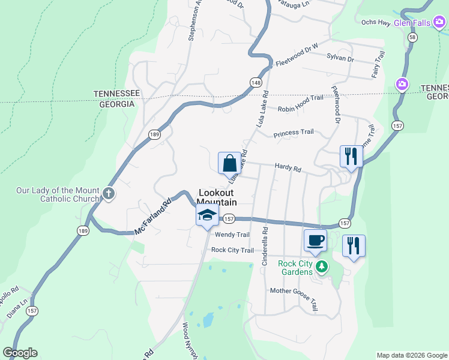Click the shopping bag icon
pos(229,163)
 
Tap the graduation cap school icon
pos(206,215)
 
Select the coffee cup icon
pos(316,241)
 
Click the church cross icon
pos(108,193)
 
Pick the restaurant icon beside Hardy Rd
pos(351,157)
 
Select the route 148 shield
pos(256,82)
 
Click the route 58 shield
pos(412,37)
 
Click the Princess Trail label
pos(294,133)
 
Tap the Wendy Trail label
pos(232,235)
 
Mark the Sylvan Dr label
pos(340,59)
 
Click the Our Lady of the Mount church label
pos(58,195)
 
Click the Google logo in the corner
pos(20,353)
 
